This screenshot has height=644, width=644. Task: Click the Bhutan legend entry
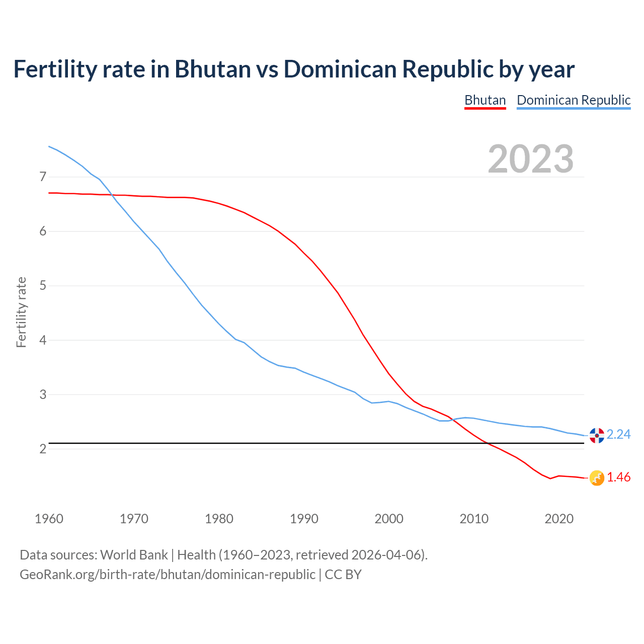click(x=485, y=100)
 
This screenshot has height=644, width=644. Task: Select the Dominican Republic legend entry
click(x=574, y=100)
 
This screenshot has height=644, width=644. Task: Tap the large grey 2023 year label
click(x=531, y=159)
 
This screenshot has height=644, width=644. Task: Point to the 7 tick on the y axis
click(x=43, y=177)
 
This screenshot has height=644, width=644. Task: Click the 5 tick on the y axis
click(x=43, y=286)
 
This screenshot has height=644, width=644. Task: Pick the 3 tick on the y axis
click(x=43, y=394)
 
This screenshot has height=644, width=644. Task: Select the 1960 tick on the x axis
click(x=49, y=519)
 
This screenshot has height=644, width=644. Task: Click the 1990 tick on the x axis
click(x=304, y=519)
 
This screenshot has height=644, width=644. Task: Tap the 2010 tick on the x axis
click(x=474, y=519)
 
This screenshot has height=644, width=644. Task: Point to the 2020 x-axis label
click(x=559, y=519)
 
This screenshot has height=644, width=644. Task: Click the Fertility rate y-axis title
click(x=21, y=312)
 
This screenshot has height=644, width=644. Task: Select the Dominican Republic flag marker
click(x=597, y=435)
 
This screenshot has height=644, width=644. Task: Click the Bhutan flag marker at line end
click(x=597, y=478)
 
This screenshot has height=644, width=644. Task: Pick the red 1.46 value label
click(x=618, y=477)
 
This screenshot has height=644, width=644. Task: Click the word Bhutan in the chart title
click(x=212, y=69)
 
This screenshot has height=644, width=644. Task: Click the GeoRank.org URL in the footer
click(x=167, y=575)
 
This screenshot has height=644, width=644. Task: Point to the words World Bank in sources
click(x=134, y=555)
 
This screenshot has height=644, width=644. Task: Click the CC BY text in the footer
click(x=343, y=575)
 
